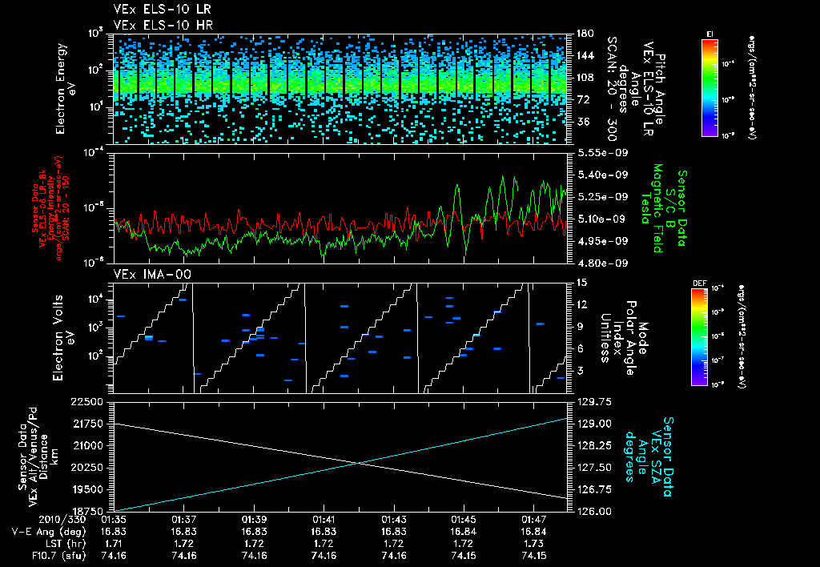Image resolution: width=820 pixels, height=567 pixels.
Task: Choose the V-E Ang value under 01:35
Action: pos(115,531)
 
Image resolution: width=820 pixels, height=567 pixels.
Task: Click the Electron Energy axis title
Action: pos(66,88)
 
